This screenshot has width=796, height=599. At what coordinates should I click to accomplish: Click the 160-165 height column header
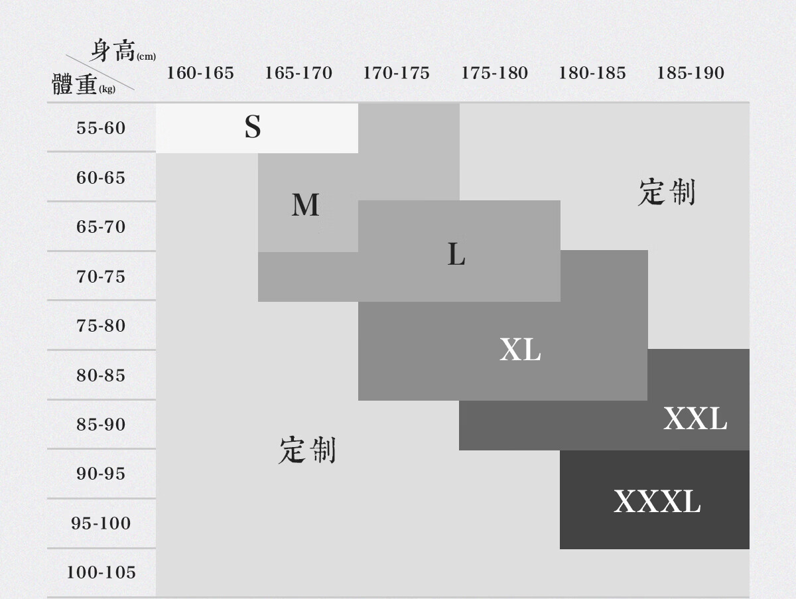200,73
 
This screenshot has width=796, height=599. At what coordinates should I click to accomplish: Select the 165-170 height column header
298,73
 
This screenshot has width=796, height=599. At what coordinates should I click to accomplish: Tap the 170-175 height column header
396,73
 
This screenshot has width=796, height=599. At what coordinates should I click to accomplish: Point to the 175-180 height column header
494,73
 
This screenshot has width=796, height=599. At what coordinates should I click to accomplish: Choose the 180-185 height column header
592,73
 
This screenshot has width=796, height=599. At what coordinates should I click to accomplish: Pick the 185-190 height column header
690,73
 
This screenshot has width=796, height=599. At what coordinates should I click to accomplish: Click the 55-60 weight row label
101,128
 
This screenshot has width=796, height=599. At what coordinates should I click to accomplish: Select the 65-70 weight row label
101,227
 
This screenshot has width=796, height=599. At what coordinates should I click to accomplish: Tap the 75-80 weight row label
101,326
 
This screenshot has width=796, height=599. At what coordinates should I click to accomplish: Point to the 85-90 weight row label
101,425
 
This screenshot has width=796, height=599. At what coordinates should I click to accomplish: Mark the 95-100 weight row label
101,523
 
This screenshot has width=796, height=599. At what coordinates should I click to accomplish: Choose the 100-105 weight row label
101,572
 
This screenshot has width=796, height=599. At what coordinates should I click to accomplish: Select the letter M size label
305,205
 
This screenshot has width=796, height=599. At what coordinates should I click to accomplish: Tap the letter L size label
456,254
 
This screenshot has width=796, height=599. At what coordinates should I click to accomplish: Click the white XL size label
520,350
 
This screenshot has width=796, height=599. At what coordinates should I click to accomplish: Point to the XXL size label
695,419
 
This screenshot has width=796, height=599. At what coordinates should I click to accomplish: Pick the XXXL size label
657,501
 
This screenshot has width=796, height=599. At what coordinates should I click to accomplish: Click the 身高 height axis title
113,51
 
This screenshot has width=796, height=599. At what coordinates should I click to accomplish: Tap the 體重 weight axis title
75,85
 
